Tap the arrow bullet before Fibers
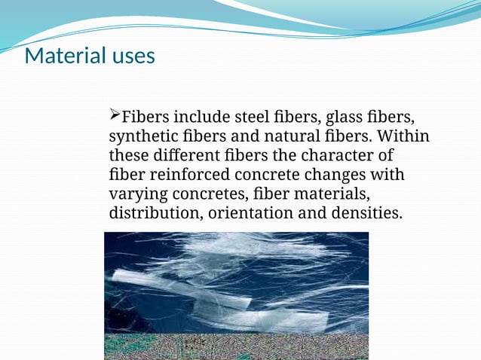coord(115,115)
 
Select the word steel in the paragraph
coord(255,118)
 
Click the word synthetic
coord(143,138)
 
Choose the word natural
coord(299,138)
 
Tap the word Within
coord(403,138)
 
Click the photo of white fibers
coord(236,294)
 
